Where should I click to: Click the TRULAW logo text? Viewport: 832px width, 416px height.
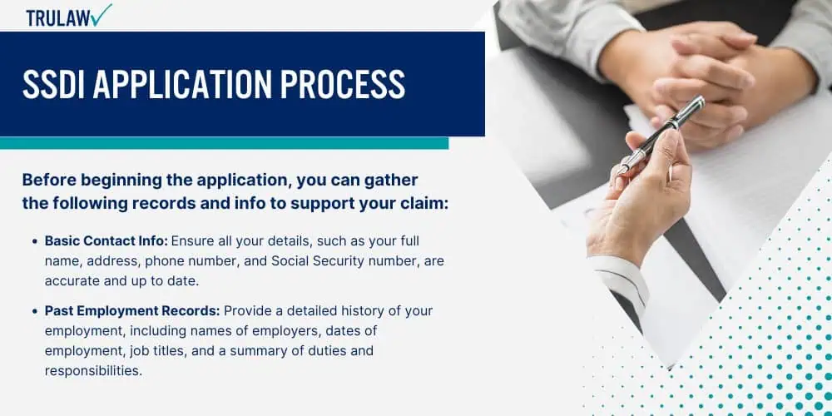pos(58,17)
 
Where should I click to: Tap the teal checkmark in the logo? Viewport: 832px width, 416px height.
pos(101,14)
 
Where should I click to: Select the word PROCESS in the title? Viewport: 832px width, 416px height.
pos(343,84)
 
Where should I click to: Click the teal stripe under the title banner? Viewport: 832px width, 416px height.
pos(224,143)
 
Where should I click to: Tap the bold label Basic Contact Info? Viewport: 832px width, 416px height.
pos(106,241)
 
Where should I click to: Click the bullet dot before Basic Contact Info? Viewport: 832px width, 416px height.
pos(35,241)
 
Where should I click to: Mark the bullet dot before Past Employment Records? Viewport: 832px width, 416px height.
pos(35,311)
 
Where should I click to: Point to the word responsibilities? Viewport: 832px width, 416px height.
pos(93,371)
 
